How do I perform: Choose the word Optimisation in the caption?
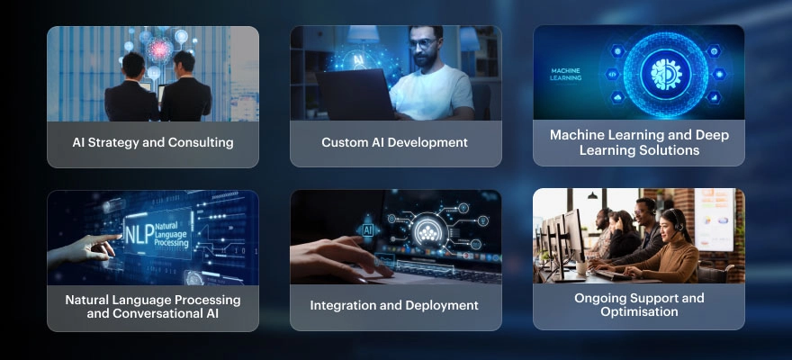pos(639,311)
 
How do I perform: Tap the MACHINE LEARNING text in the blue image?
pos(565,75)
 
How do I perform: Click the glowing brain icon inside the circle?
pos(666,74)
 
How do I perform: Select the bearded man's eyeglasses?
pos(422,44)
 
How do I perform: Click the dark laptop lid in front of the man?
pos(355,94)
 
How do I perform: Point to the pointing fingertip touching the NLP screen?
pos(120,237)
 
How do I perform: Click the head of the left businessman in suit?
pos(134,65)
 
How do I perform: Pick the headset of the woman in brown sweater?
pos(676,220)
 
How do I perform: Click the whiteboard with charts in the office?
pos(715,220)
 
